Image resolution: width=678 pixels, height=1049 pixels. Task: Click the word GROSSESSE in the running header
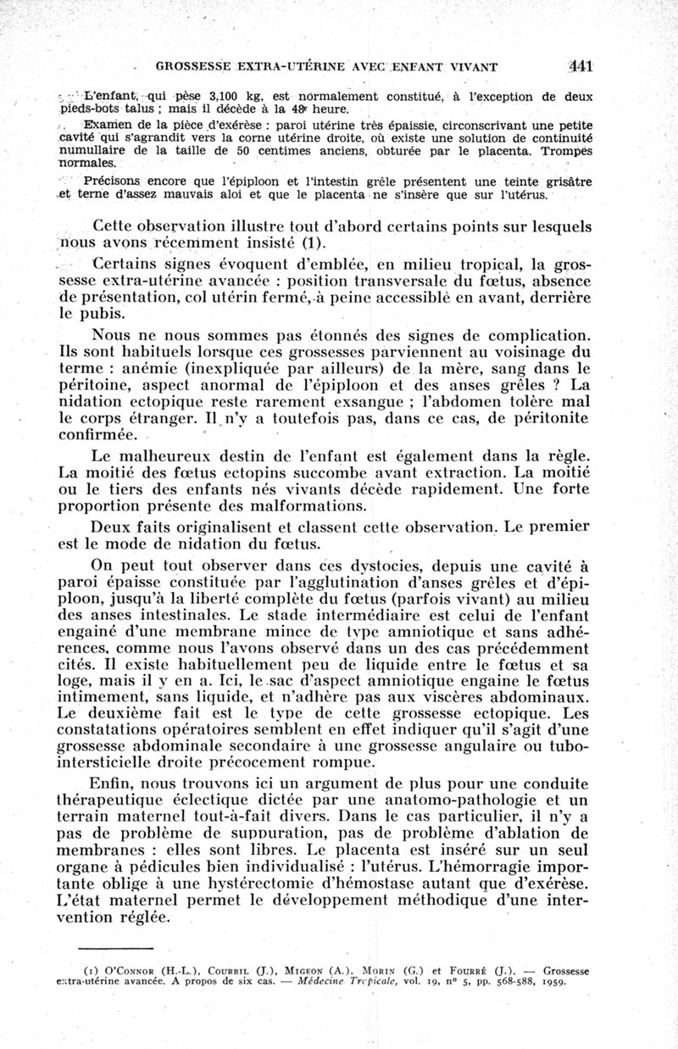tap(187, 65)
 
